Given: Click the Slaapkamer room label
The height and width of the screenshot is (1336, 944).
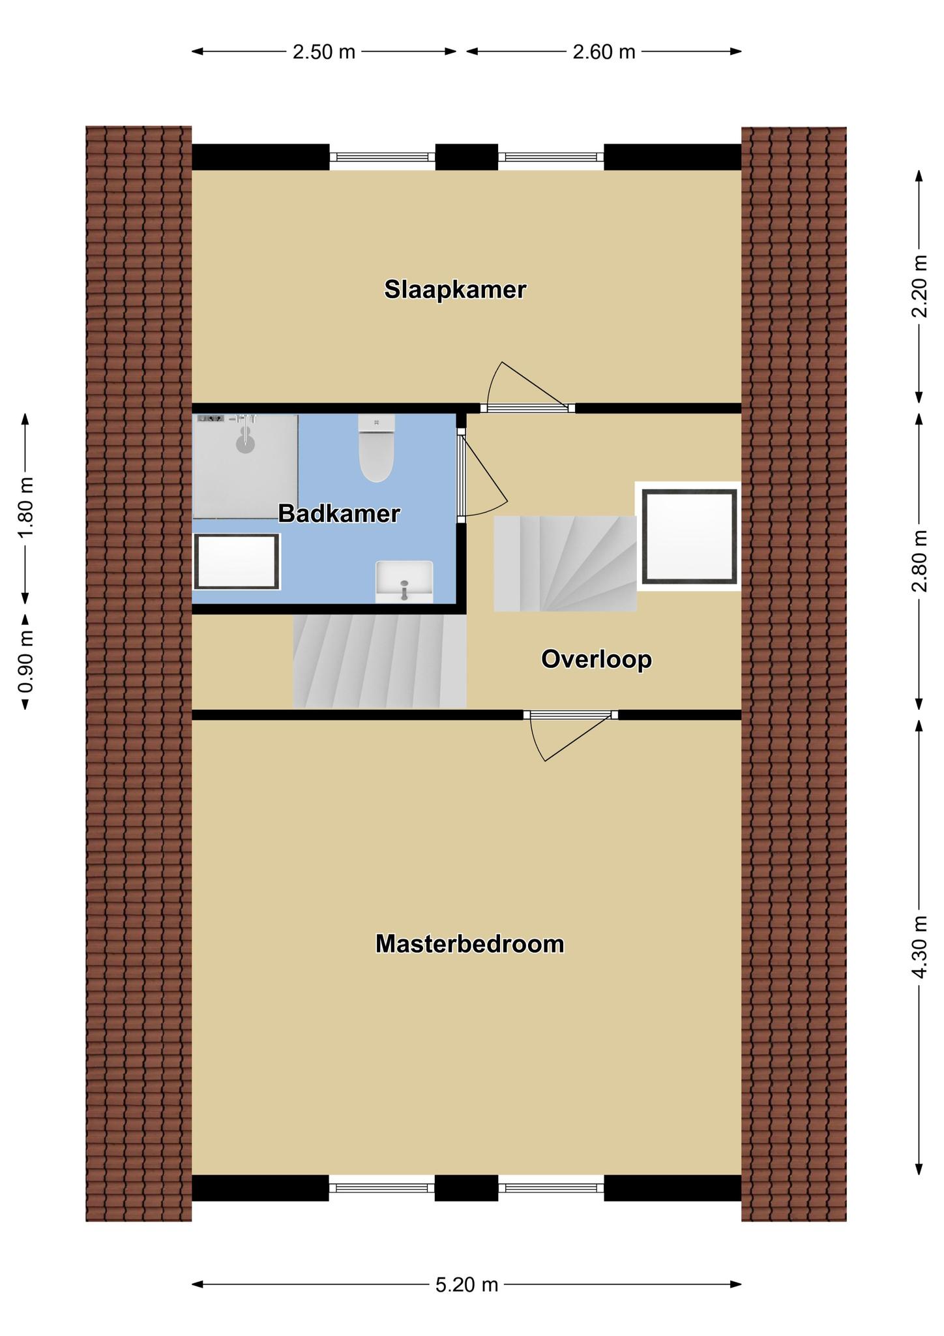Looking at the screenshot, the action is (x=455, y=290).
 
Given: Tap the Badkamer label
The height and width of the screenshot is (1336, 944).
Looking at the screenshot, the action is (x=339, y=514).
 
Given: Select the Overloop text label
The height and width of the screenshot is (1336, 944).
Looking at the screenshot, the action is (x=597, y=660).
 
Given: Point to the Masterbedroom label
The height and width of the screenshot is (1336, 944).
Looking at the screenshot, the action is (x=469, y=944).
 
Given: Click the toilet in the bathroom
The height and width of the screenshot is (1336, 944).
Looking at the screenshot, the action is (x=376, y=448).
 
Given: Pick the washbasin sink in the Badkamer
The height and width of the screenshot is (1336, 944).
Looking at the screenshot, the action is (x=404, y=582).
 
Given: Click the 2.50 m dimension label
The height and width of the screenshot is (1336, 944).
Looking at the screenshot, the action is (x=324, y=52).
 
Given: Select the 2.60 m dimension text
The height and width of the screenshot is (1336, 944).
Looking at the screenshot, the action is (x=604, y=52).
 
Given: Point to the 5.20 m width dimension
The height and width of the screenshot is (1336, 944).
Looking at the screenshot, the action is (x=467, y=1284).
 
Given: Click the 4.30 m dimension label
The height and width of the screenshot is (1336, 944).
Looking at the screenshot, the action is (x=919, y=947).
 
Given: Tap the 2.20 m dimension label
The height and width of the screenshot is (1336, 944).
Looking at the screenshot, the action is (x=919, y=286).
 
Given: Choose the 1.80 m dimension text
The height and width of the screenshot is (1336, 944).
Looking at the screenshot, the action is (x=25, y=508).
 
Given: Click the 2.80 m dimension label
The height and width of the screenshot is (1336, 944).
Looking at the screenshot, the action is (x=919, y=561).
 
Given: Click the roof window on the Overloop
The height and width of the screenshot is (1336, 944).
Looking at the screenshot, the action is (x=689, y=536).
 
